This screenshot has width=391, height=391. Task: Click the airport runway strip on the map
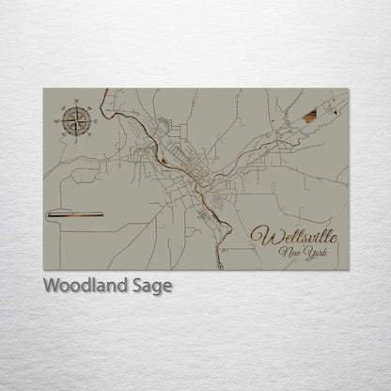click(75, 214)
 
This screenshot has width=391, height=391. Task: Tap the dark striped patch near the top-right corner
click(310, 116)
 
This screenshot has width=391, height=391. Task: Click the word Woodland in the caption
click(81, 286)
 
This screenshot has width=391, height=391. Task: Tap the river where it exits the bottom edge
click(220, 266)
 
